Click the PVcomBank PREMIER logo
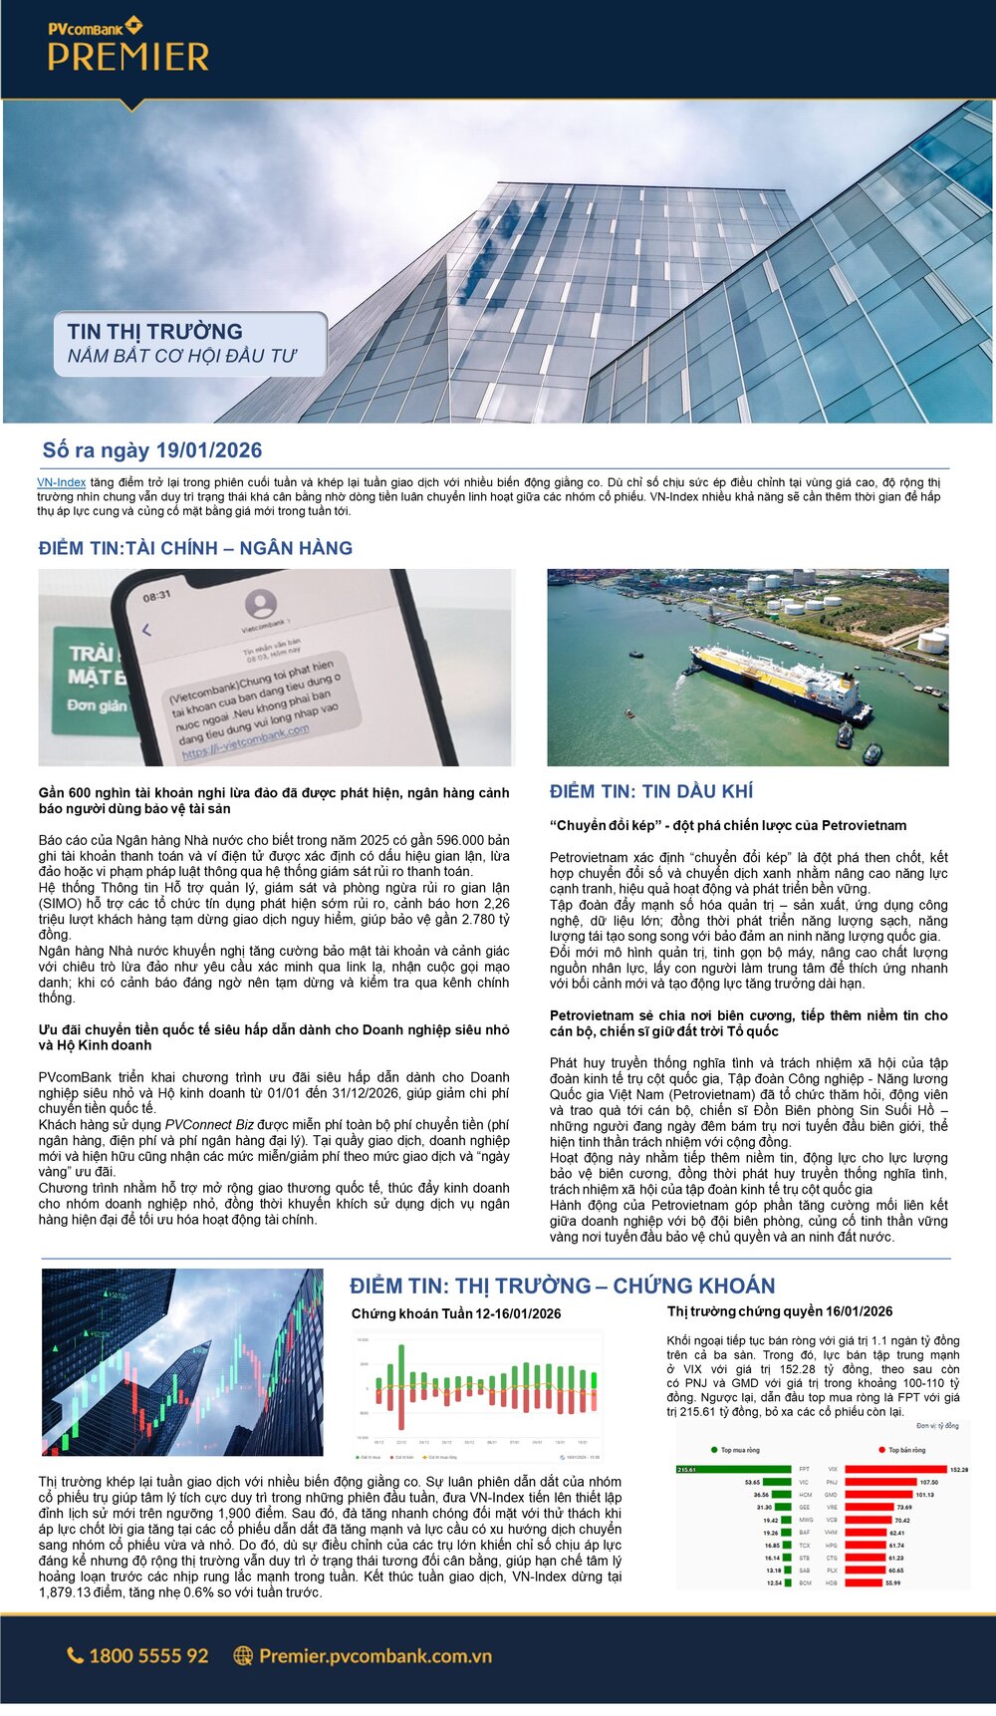click(x=128, y=46)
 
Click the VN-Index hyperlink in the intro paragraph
click(x=61, y=482)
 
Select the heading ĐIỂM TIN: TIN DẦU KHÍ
click(x=651, y=791)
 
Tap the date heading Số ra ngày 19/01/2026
click(x=152, y=450)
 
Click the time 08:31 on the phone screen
click(x=156, y=596)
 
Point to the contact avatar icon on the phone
click(x=261, y=603)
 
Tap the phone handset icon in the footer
click(x=76, y=1655)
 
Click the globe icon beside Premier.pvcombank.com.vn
click(x=243, y=1655)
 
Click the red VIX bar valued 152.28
click(x=895, y=1469)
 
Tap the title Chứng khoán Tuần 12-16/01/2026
click(x=456, y=1313)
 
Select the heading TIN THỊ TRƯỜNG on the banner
click(x=155, y=332)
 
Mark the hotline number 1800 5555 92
click(x=148, y=1655)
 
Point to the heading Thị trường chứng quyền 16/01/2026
click(x=780, y=1311)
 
